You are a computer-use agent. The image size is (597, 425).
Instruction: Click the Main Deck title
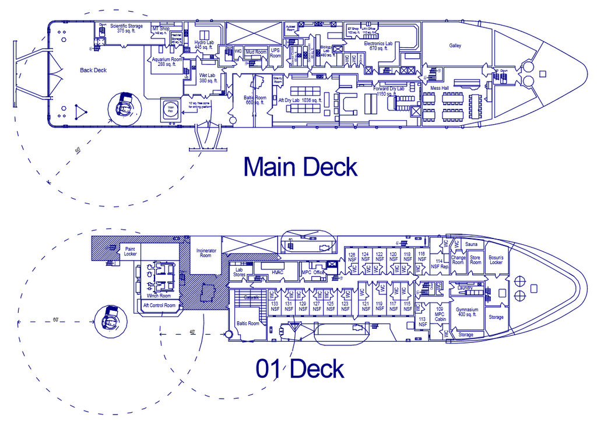pos(300,167)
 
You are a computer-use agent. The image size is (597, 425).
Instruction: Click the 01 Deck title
pos(300,368)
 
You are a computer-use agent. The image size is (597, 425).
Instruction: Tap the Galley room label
pos(455,45)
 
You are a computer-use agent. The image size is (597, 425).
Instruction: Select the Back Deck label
pos(93,70)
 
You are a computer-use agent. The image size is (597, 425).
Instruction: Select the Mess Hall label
pos(439,88)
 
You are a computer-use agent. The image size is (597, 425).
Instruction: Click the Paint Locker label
pos(130,251)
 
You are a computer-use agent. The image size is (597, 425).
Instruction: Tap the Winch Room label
pos(159,296)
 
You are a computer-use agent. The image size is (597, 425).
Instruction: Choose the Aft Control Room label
pos(159,305)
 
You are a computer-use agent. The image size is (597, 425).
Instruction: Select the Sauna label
pos(472,244)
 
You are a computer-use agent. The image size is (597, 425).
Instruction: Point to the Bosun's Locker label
pos(496,259)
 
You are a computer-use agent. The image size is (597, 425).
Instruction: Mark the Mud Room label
pos(256,52)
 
